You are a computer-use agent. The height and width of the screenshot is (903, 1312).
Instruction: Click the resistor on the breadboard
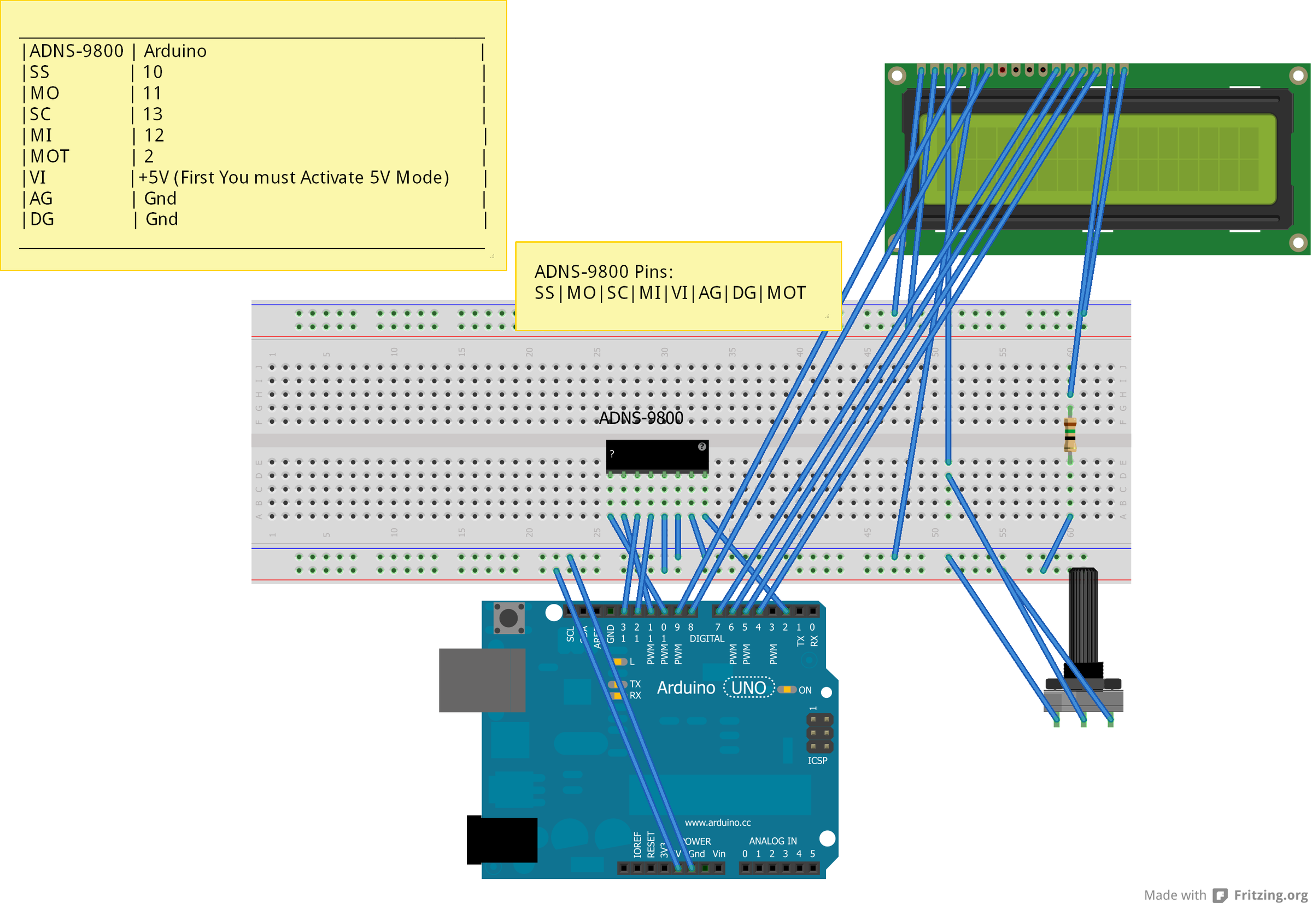click(x=1069, y=434)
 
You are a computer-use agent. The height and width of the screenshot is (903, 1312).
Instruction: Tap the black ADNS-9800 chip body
click(x=657, y=456)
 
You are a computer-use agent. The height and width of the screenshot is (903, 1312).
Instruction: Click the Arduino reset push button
click(x=508, y=618)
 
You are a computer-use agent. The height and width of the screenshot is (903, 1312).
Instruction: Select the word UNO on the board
click(x=748, y=688)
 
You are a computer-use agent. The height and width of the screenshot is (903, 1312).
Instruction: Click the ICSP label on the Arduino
click(x=817, y=760)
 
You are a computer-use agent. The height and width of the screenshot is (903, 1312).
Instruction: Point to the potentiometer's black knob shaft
click(x=1082, y=617)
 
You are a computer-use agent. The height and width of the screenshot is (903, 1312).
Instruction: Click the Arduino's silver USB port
click(x=481, y=680)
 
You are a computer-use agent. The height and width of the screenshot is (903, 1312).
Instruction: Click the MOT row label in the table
click(x=50, y=156)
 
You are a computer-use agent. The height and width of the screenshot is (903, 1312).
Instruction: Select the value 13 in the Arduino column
click(x=153, y=114)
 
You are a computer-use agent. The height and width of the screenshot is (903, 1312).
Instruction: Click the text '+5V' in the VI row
click(x=154, y=178)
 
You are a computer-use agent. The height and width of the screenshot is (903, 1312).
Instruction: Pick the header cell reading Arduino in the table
click(x=175, y=51)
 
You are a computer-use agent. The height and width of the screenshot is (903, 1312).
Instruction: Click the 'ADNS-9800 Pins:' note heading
click(x=604, y=272)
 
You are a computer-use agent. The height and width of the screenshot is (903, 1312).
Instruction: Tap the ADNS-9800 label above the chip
click(x=641, y=418)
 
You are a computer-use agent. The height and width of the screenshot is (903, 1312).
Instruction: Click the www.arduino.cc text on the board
click(x=718, y=822)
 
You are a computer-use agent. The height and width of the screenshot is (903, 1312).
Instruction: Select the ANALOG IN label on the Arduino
click(x=772, y=841)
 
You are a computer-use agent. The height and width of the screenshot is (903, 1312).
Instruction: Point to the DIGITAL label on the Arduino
click(x=706, y=638)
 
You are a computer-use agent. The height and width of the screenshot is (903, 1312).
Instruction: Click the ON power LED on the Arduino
click(x=787, y=690)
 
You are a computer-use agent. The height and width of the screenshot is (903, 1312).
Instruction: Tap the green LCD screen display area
click(x=1097, y=159)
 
